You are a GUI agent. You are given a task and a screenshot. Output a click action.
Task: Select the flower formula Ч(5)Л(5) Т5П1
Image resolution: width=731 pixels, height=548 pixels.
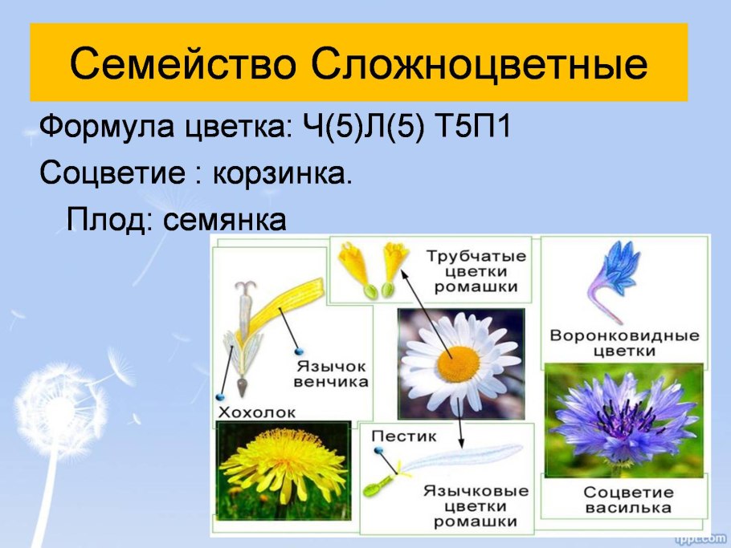(407, 127)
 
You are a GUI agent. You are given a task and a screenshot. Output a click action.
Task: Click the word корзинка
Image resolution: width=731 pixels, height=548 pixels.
(281, 173)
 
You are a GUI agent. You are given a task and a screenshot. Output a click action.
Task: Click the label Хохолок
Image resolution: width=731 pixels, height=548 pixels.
(257, 412)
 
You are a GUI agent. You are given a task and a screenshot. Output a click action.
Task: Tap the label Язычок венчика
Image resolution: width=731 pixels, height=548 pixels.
(331, 373)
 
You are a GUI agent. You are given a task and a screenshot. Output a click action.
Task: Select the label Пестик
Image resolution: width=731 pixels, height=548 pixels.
(404, 437)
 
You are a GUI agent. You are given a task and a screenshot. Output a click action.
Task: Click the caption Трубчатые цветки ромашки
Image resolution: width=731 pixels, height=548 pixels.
(476, 271)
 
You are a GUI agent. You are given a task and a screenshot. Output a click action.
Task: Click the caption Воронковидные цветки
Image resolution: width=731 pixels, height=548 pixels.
(624, 343)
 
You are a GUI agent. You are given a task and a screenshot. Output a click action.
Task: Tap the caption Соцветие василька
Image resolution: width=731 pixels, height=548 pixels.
(627, 500)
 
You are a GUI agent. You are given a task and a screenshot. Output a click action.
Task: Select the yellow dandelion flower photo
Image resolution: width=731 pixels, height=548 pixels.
(283, 469)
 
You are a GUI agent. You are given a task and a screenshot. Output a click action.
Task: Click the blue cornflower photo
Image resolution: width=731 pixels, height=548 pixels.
(623, 421)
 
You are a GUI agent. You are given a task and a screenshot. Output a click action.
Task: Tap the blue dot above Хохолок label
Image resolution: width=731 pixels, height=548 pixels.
(219, 397)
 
